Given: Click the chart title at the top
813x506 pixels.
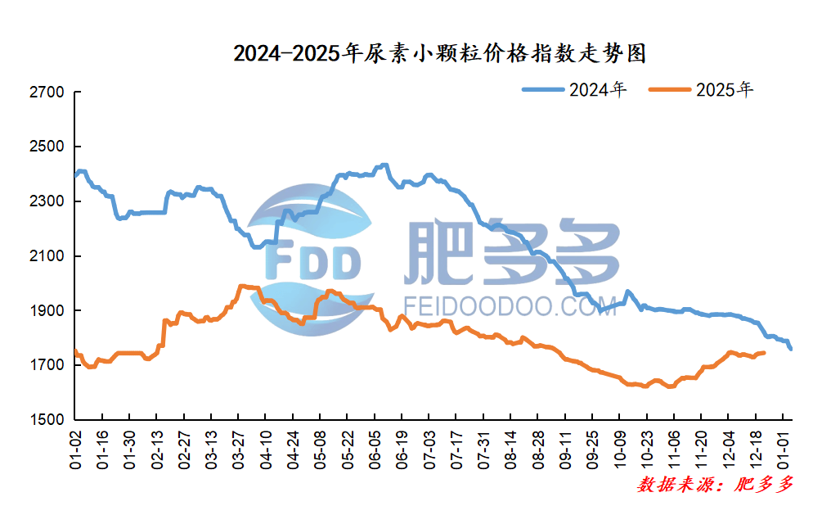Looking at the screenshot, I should (x=440, y=55).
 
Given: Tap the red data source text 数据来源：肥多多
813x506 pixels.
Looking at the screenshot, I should (x=715, y=485).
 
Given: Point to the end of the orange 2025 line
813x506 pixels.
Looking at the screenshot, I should (x=763, y=353).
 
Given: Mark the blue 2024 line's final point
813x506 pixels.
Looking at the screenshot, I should (x=790, y=349).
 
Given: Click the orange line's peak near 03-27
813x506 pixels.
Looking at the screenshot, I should (x=242, y=286).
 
